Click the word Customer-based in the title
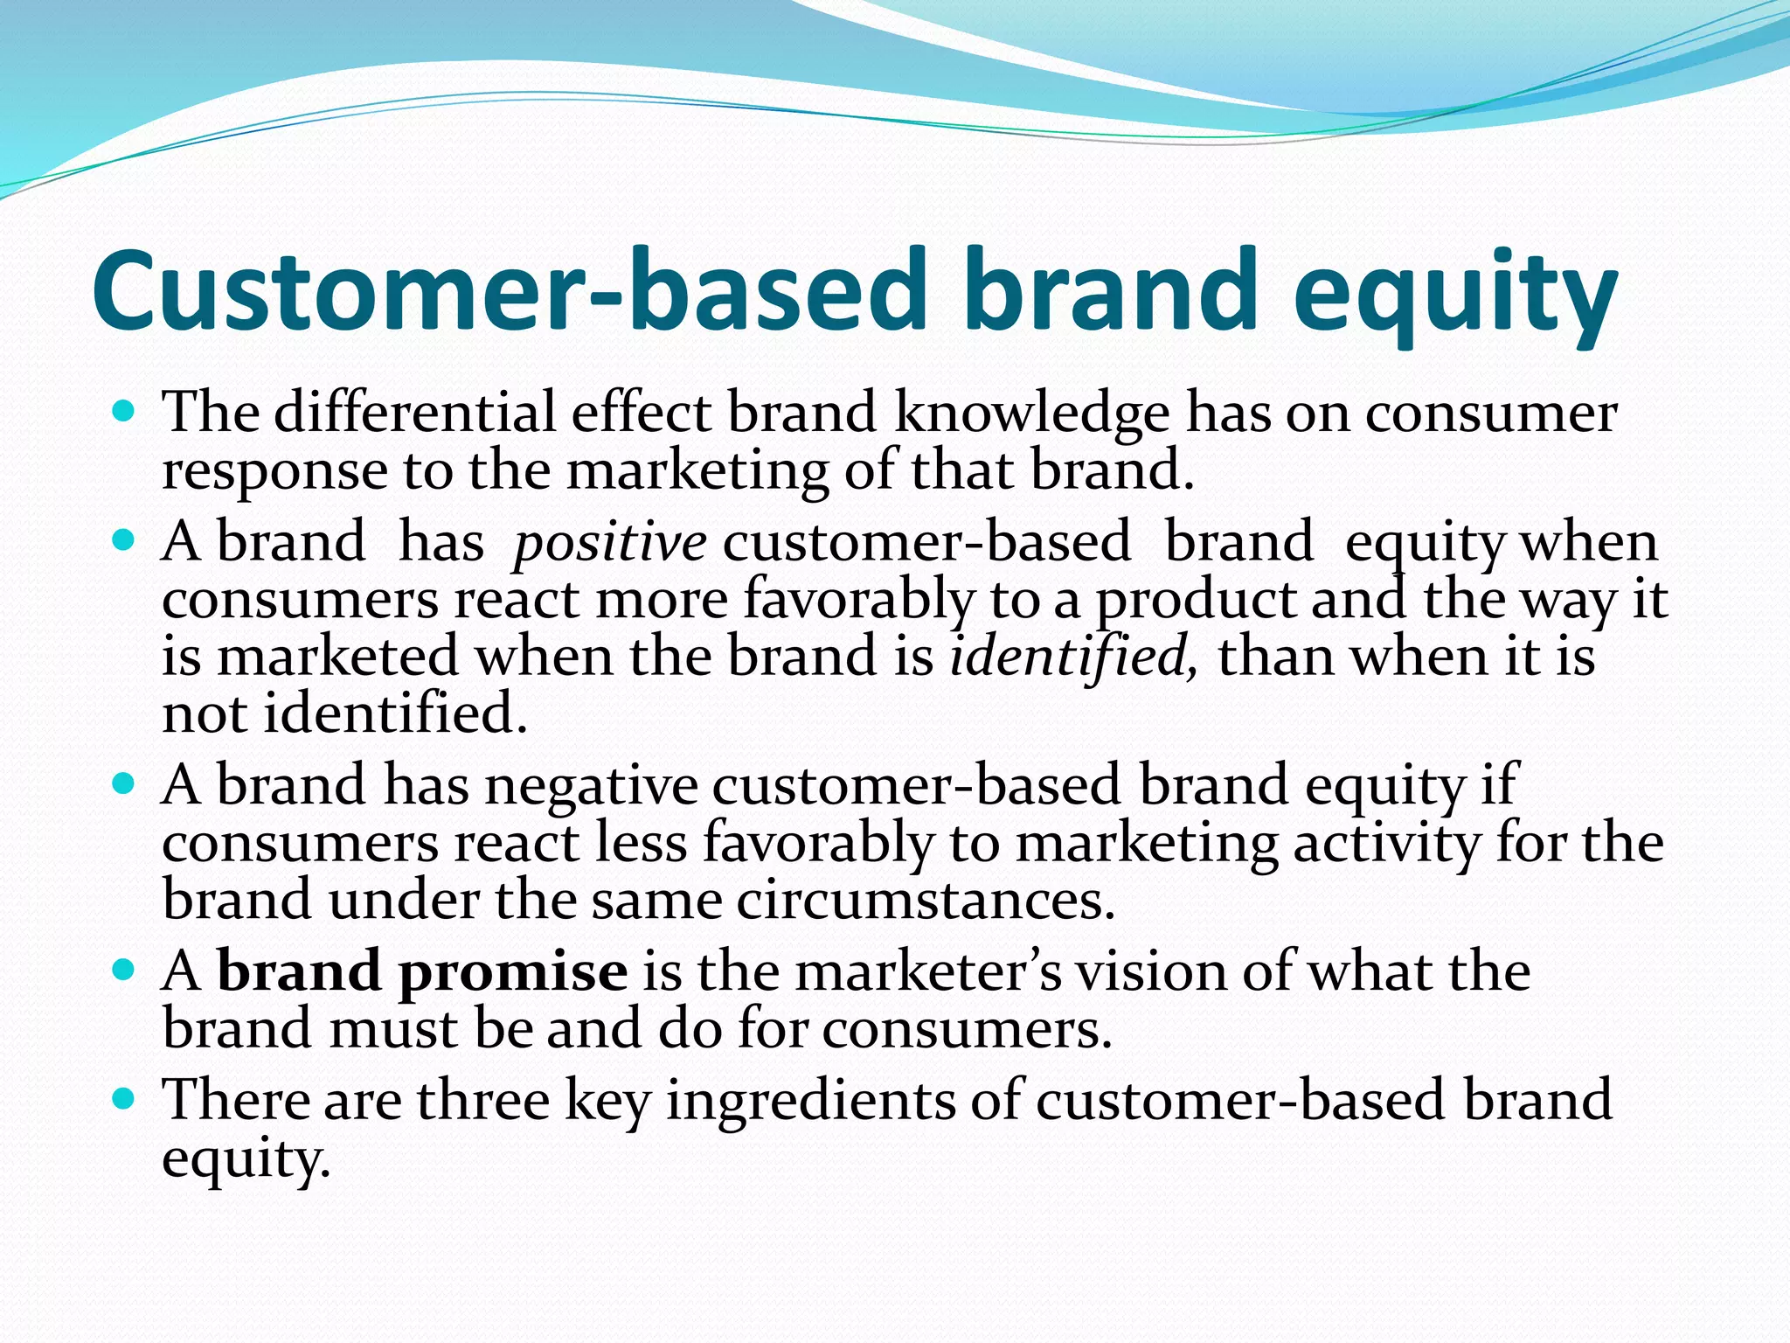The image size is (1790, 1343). (507, 290)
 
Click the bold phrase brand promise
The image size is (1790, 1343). (421, 972)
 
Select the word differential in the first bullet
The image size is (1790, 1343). (414, 413)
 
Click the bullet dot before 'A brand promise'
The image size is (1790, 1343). (124, 969)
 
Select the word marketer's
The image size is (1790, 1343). (926, 972)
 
